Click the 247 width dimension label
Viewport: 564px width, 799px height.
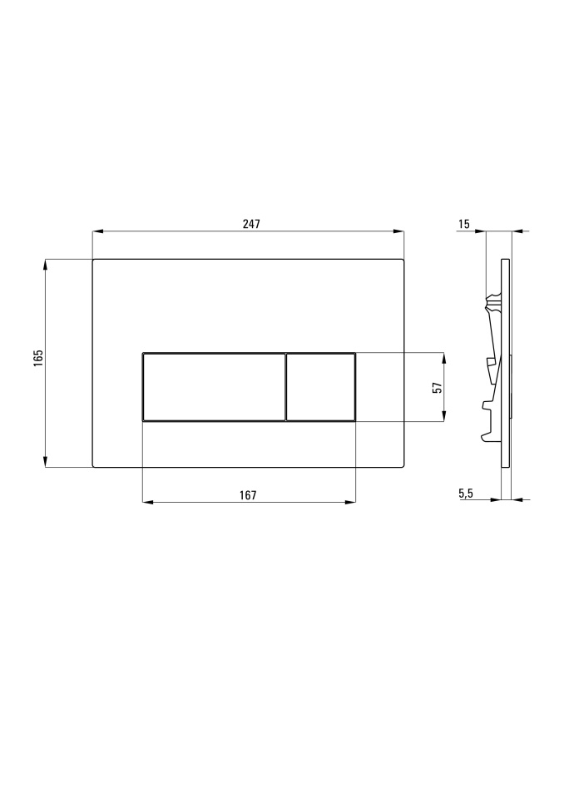(251, 224)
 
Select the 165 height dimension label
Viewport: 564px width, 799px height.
(39, 357)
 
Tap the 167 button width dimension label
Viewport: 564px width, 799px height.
(248, 494)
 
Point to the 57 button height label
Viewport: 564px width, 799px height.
(437, 387)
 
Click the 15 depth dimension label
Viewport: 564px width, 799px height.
(463, 224)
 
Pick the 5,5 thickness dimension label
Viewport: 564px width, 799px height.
(466, 493)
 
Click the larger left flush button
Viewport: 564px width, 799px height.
(214, 387)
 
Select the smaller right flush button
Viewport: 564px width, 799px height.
(321, 387)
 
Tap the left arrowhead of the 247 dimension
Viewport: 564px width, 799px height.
(98, 232)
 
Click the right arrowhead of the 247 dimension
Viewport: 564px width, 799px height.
(398, 232)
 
